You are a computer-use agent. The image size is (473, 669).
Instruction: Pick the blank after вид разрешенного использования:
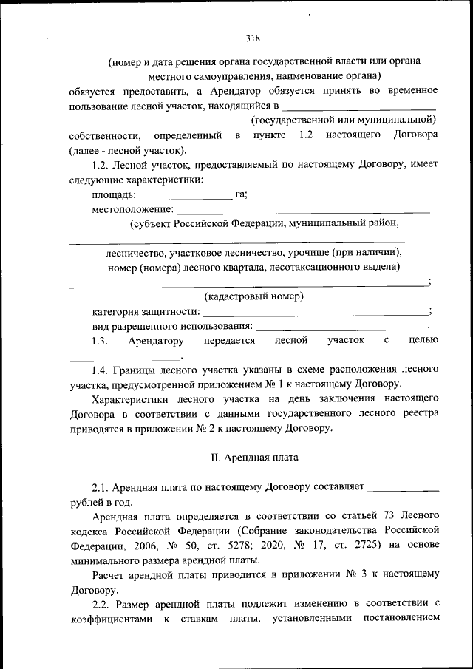point(341,327)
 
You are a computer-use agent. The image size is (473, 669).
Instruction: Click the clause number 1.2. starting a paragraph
point(102,164)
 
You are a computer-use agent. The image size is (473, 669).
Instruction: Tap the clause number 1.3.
point(100,341)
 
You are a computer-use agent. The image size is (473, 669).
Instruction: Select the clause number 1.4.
point(102,369)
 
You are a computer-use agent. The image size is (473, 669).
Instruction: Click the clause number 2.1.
point(102,487)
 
